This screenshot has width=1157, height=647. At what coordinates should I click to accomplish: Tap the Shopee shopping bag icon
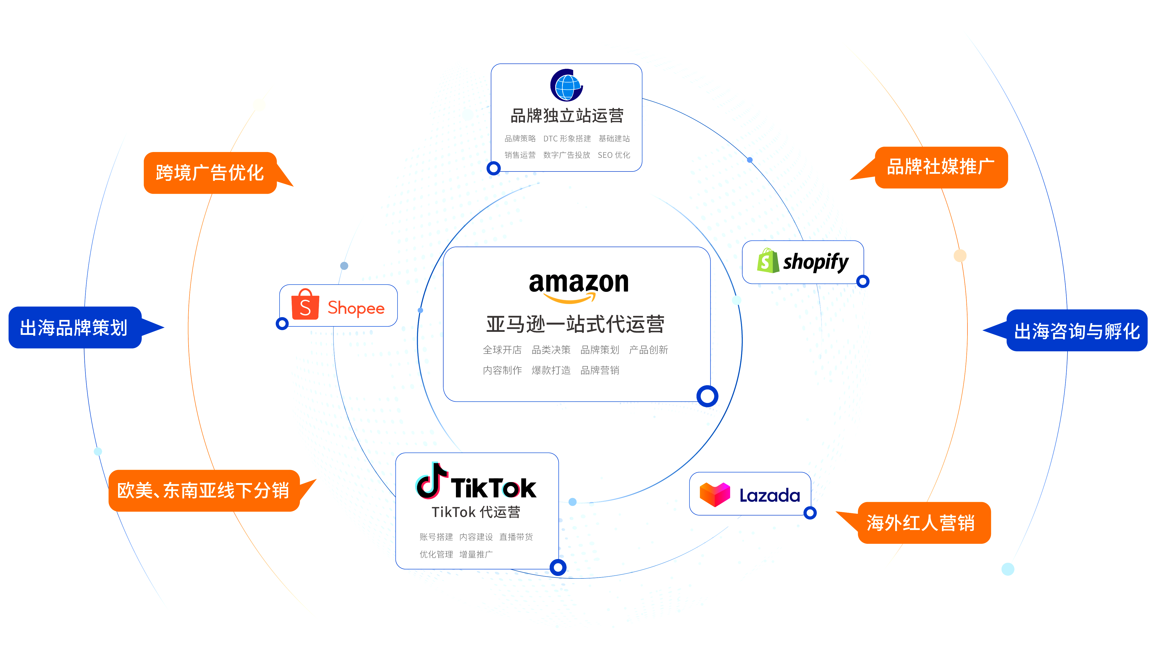[x=305, y=304]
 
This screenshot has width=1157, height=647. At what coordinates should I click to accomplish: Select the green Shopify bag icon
[x=768, y=261]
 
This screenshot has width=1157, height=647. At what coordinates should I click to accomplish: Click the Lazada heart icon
[x=714, y=494]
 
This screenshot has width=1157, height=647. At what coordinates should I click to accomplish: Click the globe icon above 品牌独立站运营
[x=566, y=85]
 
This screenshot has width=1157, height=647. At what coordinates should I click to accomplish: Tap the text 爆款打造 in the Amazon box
[x=551, y=370]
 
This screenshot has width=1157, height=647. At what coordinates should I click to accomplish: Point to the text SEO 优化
[x=614, y=155]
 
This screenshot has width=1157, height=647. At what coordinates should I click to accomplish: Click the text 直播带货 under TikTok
[x=516, y=537]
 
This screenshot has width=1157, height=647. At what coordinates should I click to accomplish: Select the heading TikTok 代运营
[x=476, y=512]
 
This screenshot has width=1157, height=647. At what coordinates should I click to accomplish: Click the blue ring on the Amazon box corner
[x=707, y=396]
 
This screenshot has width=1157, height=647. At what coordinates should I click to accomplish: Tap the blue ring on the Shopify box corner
[x=863, y=282]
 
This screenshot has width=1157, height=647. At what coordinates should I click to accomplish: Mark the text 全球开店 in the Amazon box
[x=502, y=350]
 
